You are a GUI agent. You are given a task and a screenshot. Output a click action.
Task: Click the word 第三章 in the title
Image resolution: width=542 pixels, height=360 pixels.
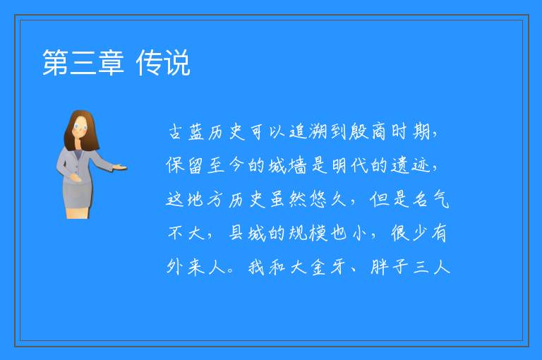tap(83, 63)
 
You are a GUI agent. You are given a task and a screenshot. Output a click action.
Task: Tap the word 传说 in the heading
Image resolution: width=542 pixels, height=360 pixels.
tap(163, 63)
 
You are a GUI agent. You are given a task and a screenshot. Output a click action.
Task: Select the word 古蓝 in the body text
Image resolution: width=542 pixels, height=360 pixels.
tap(186, 132)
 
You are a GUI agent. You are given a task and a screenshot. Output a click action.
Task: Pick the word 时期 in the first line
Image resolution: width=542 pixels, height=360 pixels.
tap(411, 132)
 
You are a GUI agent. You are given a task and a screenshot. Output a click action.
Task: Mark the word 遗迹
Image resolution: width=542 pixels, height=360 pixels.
tap(410, 165)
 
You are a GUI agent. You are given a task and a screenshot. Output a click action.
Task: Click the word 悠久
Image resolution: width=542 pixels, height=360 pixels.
tap(327, 199)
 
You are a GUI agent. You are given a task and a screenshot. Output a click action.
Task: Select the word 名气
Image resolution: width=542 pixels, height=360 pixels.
tap(431, 199)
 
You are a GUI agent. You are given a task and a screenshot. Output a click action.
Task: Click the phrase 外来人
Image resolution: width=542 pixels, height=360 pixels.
tap(196, 267)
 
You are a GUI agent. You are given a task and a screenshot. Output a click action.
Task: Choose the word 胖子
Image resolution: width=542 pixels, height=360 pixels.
tap(390, 267)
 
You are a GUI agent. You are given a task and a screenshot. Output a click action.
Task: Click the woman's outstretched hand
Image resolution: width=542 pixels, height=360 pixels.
tap(120, 168)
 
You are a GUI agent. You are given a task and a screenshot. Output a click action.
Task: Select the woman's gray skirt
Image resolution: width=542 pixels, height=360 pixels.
tap(78, 194)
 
